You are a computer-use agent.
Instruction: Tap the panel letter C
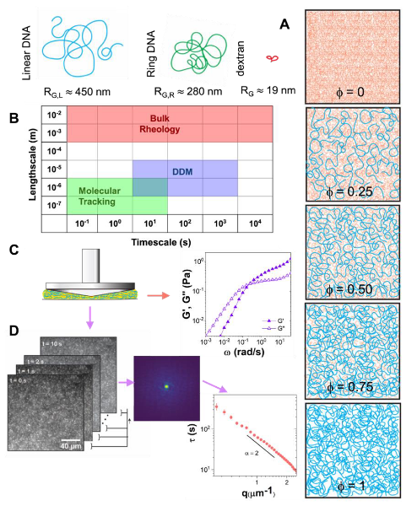tap(13, 251)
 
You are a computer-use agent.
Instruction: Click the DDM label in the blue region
tap(182, 171)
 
